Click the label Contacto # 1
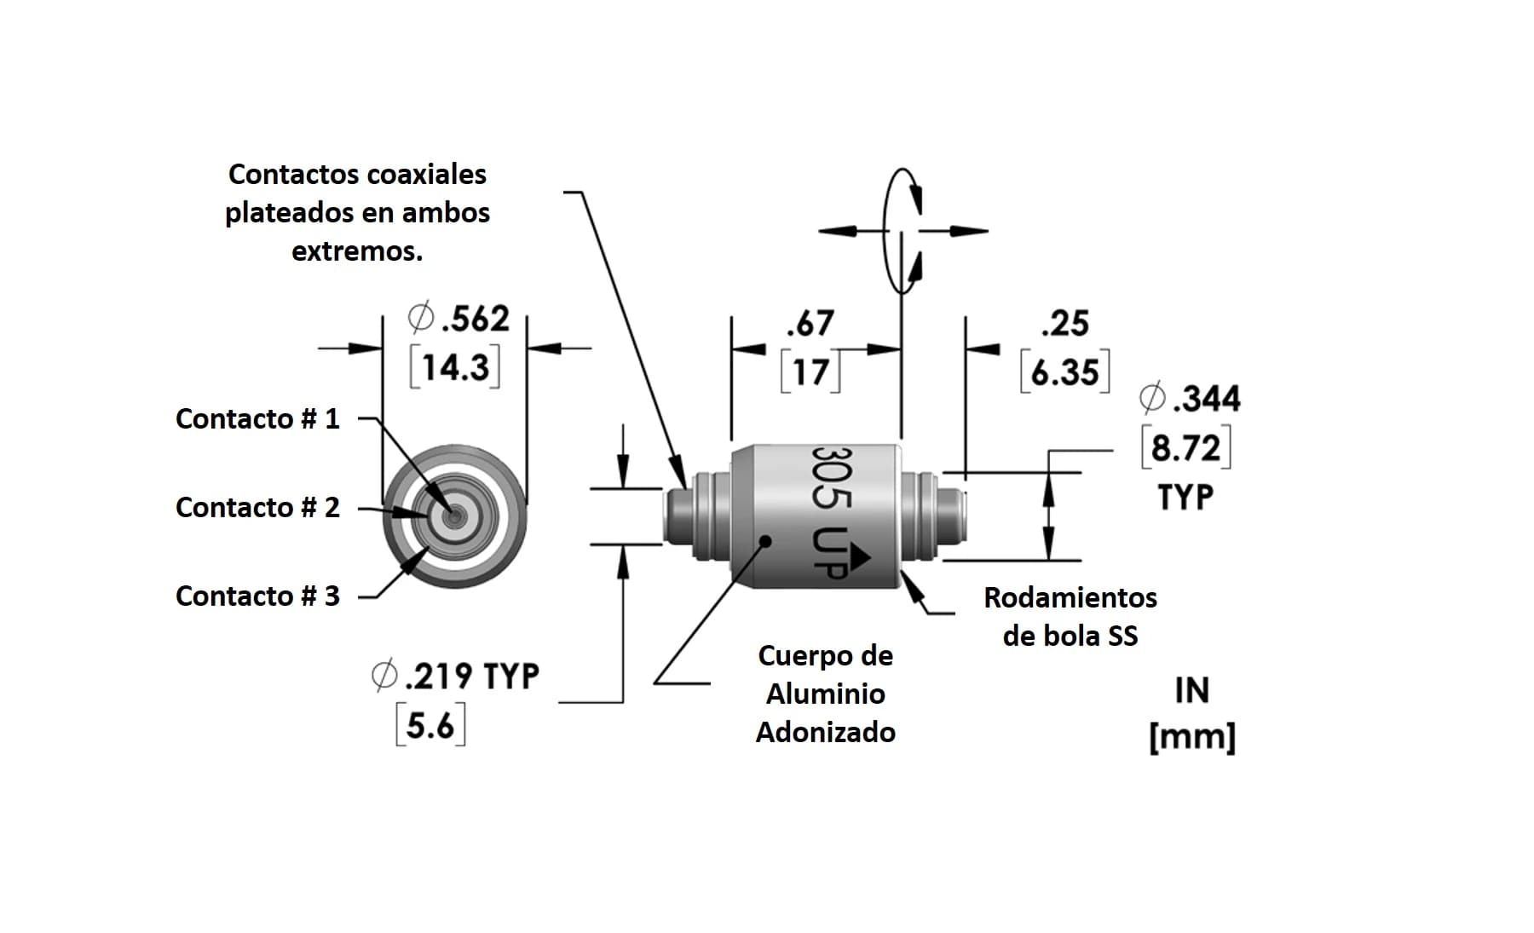click(x=257, y=418)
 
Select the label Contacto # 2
click(x=257, y=507)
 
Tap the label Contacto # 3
click(x=257, y=596)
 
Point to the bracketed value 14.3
click(x=455, y=367)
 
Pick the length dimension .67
click(x=810, y=324)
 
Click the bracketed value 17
click(x=810, y=372)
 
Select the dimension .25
click(x=1064, y=324)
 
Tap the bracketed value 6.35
click(x=1064, y=372)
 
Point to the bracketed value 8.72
click(x=1185, y=447)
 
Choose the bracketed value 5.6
click(x=430, y=726)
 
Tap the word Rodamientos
click(x=1070, y=597)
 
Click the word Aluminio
click(x=825, y=694)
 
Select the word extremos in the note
click(x=356, y=251)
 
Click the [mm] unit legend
click(x=1191, y=736)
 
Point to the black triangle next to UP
click(x=859, y=556)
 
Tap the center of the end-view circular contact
click(x=454, y=515)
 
